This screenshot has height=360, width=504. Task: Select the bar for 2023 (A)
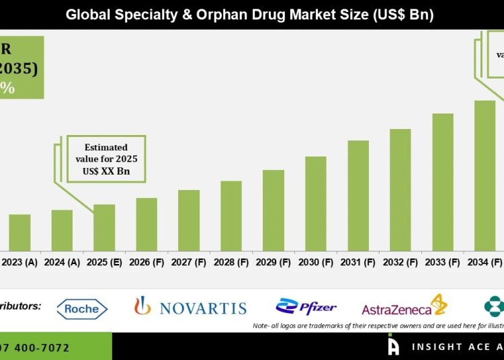point(19,232)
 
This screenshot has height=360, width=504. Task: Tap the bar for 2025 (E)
point(104,227)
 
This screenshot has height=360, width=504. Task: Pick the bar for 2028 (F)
point(231,216)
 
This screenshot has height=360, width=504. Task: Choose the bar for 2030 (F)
point(316,204)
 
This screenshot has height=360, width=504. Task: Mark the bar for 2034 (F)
point(485,175)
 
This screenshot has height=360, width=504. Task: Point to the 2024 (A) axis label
point(62,263)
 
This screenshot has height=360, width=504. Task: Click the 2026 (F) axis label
point(146,263)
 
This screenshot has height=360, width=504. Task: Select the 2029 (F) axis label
point(274,263)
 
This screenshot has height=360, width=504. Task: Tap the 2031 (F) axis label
point(358,263)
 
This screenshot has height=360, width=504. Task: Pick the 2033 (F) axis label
point(443,263)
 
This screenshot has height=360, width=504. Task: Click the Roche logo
point(82,309)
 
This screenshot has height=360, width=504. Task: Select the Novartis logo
point(190,308)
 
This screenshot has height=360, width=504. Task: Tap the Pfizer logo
point(306,308)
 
